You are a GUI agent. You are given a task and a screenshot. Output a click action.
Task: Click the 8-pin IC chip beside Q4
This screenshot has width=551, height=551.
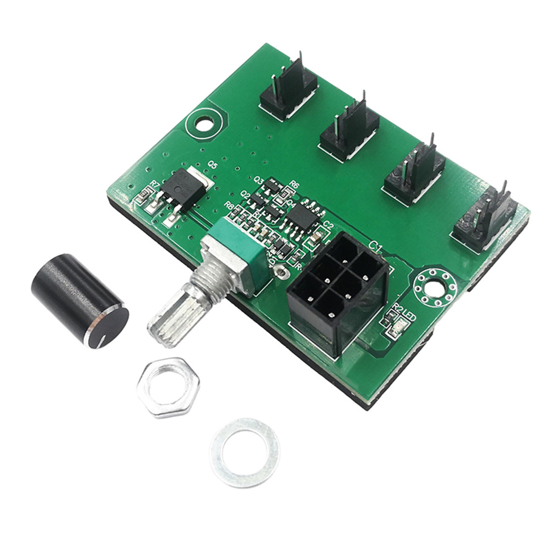[305, 215]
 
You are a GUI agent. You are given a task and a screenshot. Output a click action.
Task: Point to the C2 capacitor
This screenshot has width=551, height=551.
[316, 236]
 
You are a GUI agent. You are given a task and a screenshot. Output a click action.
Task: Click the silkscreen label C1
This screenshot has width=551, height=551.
[376, 246]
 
